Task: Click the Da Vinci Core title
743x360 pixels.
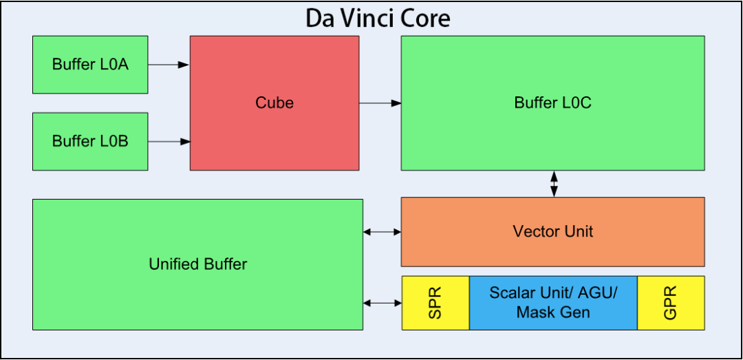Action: point(378,19)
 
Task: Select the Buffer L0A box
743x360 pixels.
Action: point(90,65)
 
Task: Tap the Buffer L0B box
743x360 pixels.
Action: point(90,141)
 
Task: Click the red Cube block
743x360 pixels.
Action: point(274,103)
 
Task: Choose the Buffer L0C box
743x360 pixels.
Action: point(552,103)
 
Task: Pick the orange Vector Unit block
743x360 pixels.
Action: point(552,231)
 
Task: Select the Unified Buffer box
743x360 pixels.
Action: point(197,264)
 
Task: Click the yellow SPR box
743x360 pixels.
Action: point(435,303)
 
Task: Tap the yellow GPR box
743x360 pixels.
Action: point(671,303)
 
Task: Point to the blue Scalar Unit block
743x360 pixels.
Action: point(553,303)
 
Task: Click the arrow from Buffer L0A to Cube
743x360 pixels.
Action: point(169,65)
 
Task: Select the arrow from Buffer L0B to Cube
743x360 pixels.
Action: point(169,141)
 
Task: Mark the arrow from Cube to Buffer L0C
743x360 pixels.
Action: point(380,103)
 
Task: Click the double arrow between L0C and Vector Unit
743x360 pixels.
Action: point(553,184)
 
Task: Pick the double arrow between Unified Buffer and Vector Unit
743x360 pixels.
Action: point(382,232)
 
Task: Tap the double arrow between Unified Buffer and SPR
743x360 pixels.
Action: point(382,303)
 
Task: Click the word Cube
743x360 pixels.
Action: point(274,103)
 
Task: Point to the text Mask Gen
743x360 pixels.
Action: point(553,312)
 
